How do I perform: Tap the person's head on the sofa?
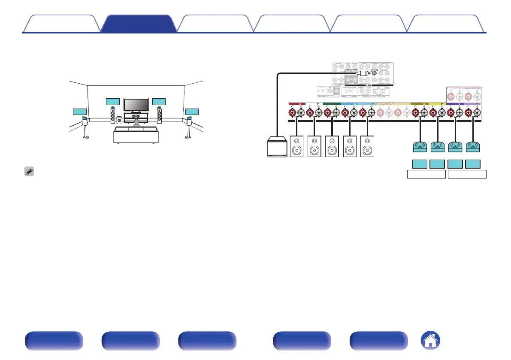[x=136, y=122]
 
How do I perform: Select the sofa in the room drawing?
[x=136, y=134]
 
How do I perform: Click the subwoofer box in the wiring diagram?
[x=276, y=147]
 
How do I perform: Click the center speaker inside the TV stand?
[x=136, y=117]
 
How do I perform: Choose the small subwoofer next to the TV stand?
[x=119, y=121]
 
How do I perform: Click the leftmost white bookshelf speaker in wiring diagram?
[x=298, y=147]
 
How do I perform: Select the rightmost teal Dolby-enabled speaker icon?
[x=473, y=147]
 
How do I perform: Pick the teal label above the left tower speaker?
[x=112, y=102]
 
